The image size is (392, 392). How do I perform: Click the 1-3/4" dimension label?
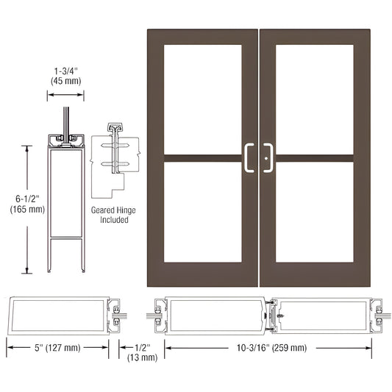tap(66, 69)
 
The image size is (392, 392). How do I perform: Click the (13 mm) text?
tap(143, 357)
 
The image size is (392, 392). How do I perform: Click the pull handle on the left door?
tap(249, 157)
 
